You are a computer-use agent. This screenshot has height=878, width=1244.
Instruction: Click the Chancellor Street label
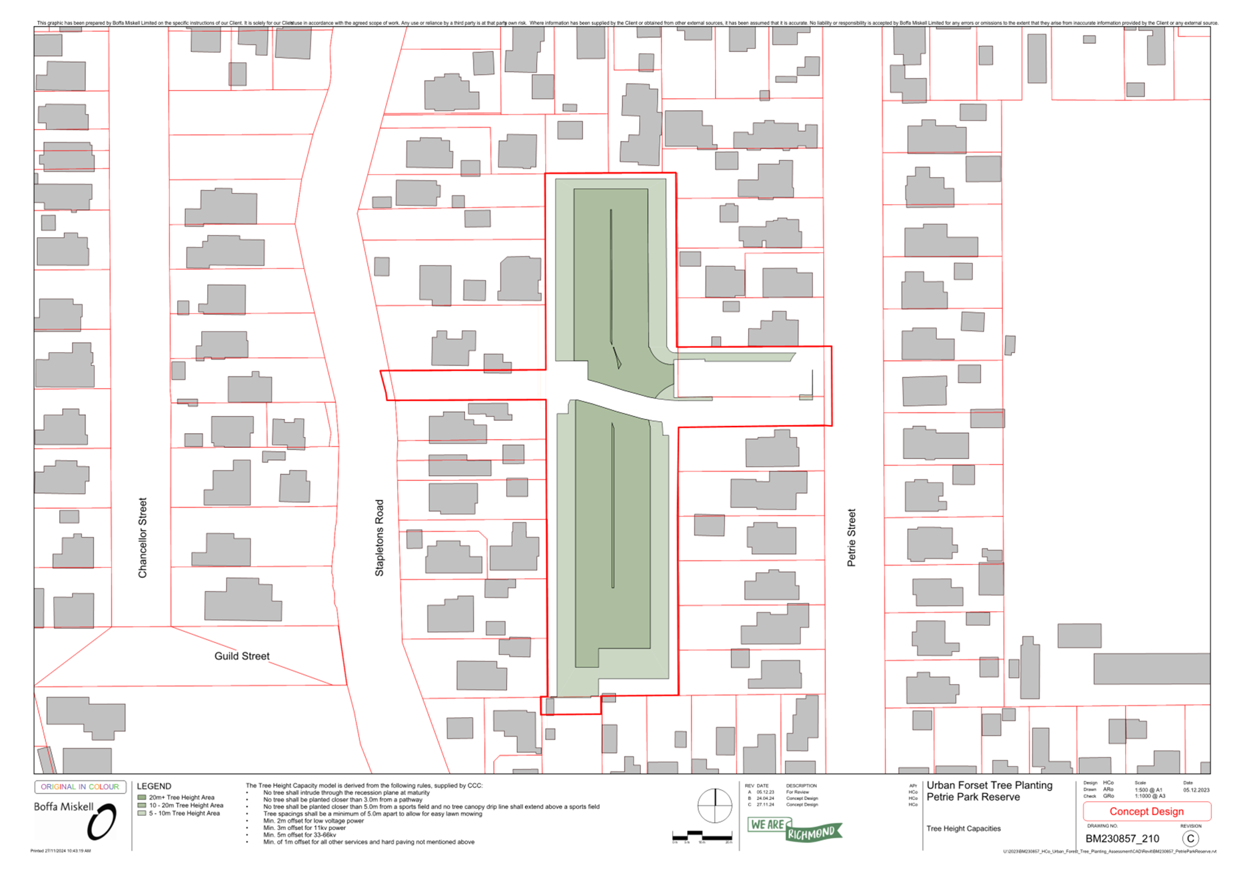(x=142, y=537)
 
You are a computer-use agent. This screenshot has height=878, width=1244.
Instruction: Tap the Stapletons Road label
(x=379, y=537)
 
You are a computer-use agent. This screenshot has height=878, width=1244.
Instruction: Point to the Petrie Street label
(x=851, y=537)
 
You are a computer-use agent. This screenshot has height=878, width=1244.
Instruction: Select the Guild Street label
(x=241, y=656)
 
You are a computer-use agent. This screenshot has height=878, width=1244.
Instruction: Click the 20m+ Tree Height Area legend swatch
(x=141, y=798)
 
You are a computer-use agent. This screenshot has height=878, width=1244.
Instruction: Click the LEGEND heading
(x=154, y=786)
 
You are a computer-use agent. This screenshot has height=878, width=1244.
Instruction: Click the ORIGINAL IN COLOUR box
(x=80, y=787)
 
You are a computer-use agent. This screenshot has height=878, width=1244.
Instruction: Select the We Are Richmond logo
(x=794, y=829)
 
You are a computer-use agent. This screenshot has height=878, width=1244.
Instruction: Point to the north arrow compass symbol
(x=714, y=805)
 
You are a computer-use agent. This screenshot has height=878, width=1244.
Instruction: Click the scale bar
(x=702, y=837)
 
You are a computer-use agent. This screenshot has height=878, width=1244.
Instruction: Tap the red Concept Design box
(x=1146, y=811)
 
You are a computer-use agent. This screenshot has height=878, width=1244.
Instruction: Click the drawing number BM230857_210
(x=1122, y=838)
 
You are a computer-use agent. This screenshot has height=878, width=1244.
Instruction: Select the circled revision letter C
(x=1190, y=838)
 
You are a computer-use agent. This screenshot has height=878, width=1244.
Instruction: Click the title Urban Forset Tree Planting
(x=989, y=785)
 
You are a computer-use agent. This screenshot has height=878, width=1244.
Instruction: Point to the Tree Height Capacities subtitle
(x=963, y=828)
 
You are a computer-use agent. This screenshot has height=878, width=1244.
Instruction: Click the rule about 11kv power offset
(x=304, y=828)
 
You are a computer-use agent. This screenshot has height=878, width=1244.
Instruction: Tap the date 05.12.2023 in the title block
(x=1196, y=790)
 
